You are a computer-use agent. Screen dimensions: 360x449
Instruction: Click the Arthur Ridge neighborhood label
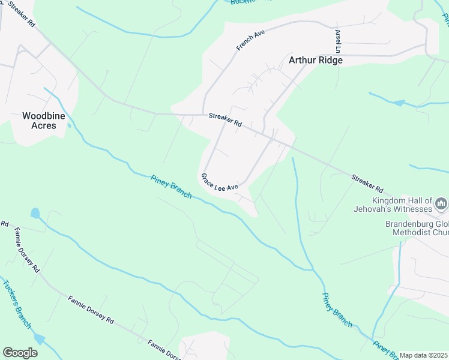tap(316, 60)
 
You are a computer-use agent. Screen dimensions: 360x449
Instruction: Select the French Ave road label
tap(250, 41)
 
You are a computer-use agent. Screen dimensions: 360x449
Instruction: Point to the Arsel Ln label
tap(339, 41)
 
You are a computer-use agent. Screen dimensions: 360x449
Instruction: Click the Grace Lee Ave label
tap(220, 182)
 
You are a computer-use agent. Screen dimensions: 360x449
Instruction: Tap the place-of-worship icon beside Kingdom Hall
tap(441, 203)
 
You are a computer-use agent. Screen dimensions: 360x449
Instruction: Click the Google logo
tap(20, 352)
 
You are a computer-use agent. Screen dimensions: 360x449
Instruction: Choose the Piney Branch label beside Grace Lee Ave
tap(171, 187)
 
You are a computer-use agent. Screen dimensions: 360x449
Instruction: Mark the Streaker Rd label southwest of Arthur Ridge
tap(225, 119)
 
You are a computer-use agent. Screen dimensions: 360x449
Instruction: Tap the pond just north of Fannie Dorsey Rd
tap(35, 213)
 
